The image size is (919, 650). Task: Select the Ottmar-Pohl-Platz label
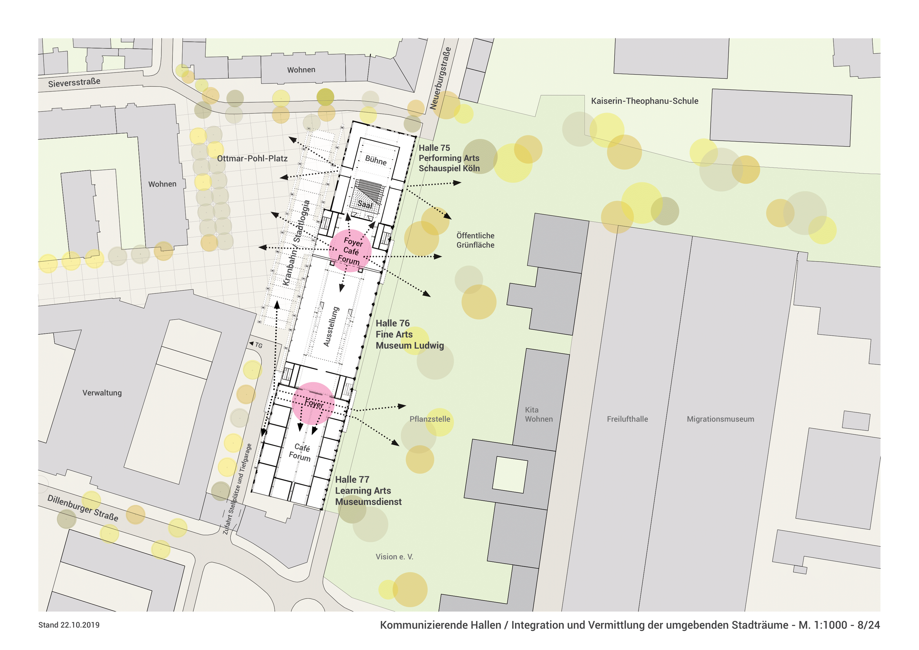tap(252, 158)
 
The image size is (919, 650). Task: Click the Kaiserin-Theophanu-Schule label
tap(644, 101)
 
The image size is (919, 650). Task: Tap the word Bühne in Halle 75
tap(375, 161)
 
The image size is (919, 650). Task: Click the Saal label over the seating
tap(365, 204)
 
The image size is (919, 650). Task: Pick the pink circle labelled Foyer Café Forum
tap(350, 251)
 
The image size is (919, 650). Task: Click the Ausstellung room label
tap(332, 326)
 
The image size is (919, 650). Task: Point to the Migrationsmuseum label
tap(720, 419)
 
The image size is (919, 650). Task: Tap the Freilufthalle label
tap(627, 419)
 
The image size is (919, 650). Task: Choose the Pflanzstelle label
tap(429, 419)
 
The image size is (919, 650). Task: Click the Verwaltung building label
tap(102, 393)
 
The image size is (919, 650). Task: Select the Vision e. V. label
tap(394, 557)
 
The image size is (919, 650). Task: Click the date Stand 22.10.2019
tap(69, 625)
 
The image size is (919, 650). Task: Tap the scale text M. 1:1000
tap(823, 625)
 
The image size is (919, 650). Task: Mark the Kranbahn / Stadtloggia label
tap(296, 243)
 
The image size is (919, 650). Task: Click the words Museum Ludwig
tap(410, 346)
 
